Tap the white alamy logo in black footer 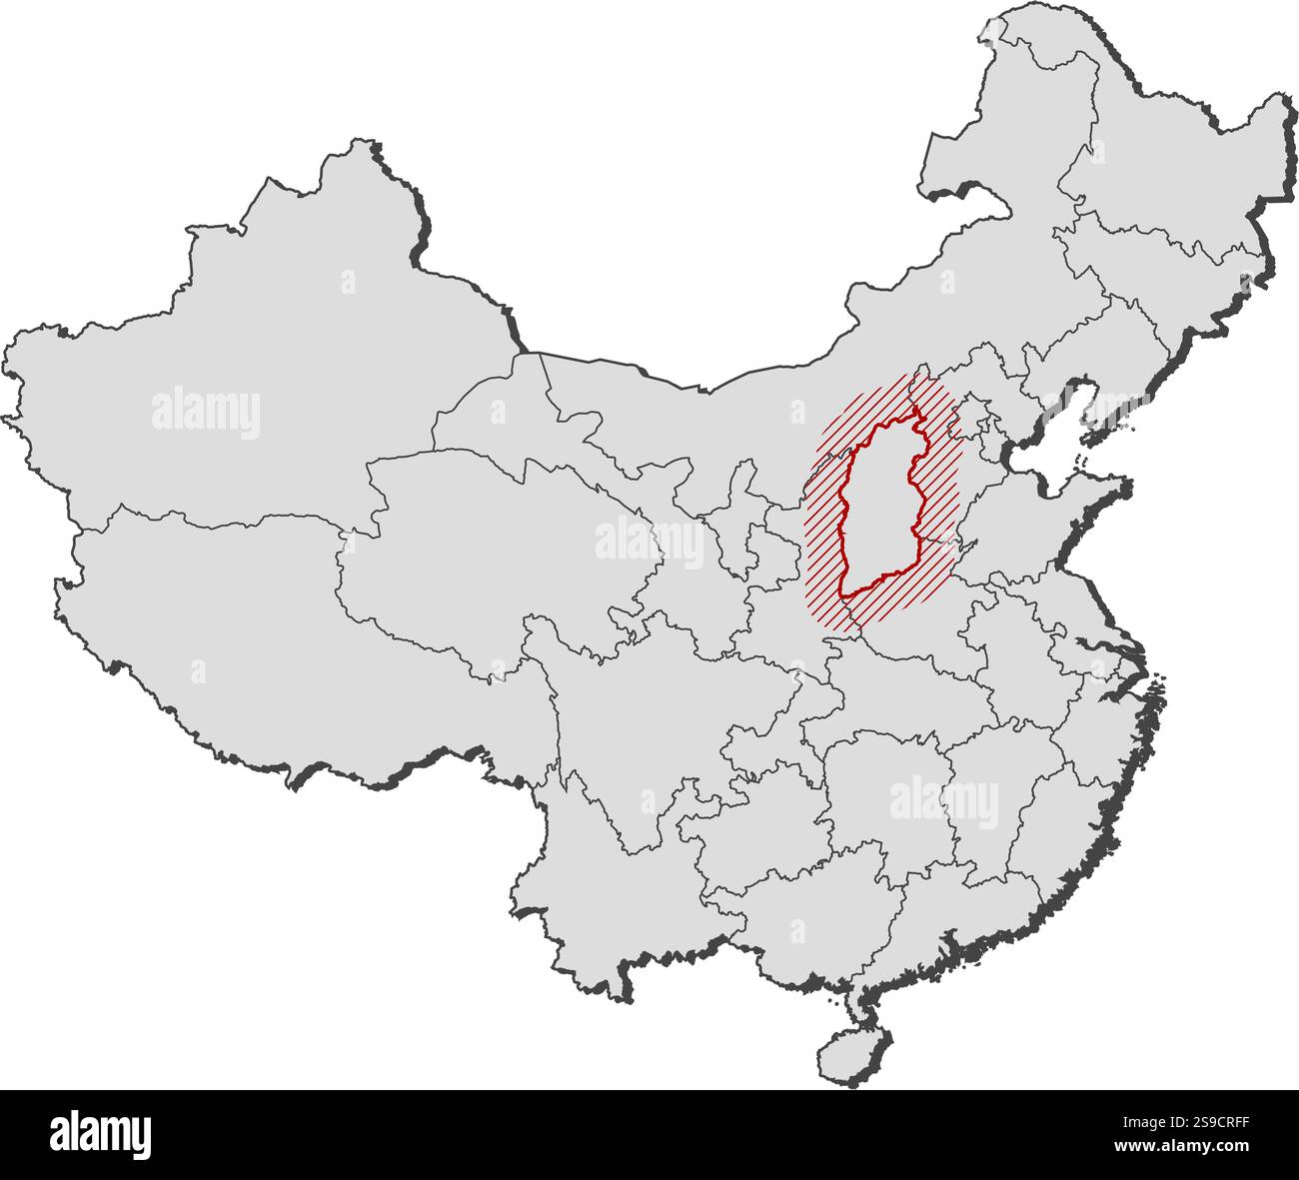pyautogui.click(x=100, y=1135)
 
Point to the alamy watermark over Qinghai pyautogui.click(x=649, y=541)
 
